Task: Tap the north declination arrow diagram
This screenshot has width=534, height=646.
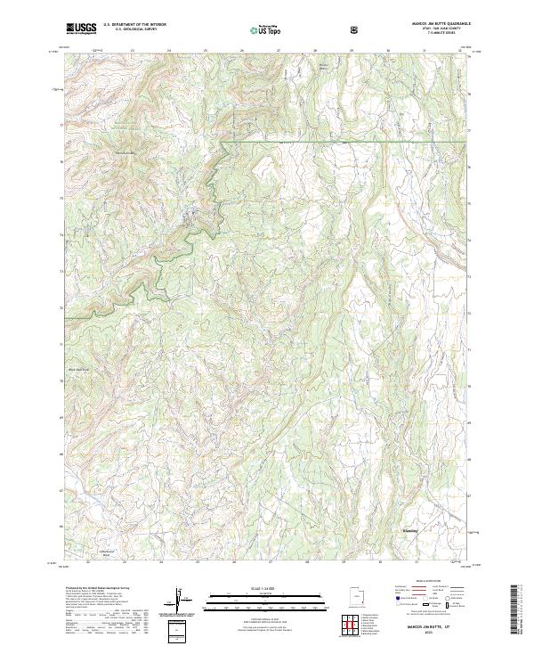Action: (x=181, y=604)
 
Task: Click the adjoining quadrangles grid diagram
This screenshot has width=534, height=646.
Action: (x=356, y=624)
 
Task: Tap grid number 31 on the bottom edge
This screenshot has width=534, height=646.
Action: (x=417, y=562)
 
